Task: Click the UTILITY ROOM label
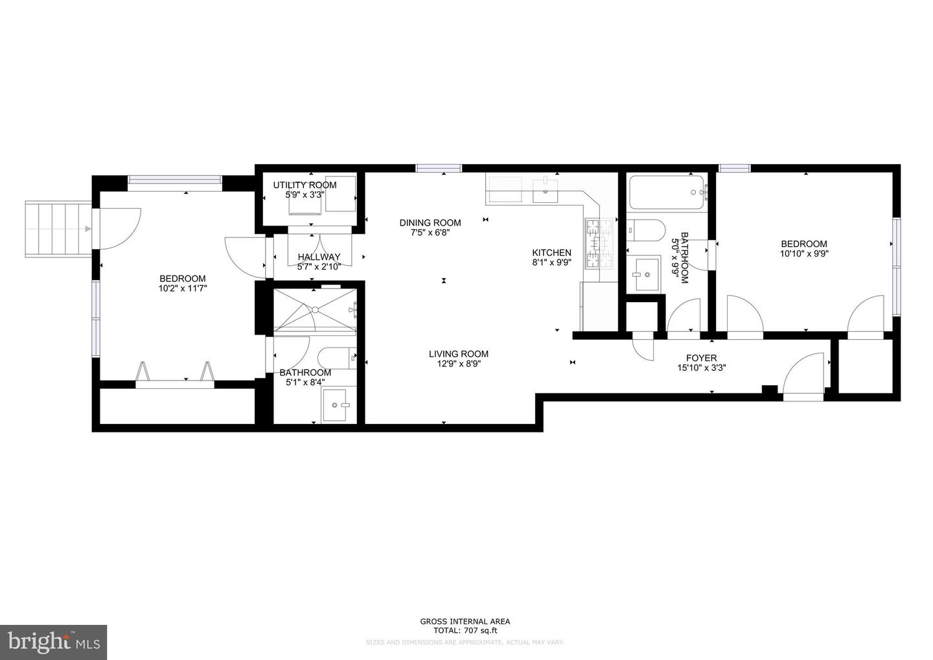point(305,185)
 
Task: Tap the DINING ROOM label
point(430,223)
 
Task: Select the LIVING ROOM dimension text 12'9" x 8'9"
point(458,364)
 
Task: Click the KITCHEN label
point(551,253)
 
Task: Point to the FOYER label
point(701,358)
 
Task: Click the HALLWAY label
point(319,257)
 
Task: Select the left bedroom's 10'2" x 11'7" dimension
point(183,288)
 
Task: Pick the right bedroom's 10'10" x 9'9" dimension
point(803,254)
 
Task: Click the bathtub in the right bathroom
point(666,193)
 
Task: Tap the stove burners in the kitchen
point(599,244)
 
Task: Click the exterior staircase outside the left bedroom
point(58,228)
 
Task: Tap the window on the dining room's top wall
point(439,169)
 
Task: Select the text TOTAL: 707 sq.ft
point(465,630)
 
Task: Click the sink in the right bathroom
point(643,274)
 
